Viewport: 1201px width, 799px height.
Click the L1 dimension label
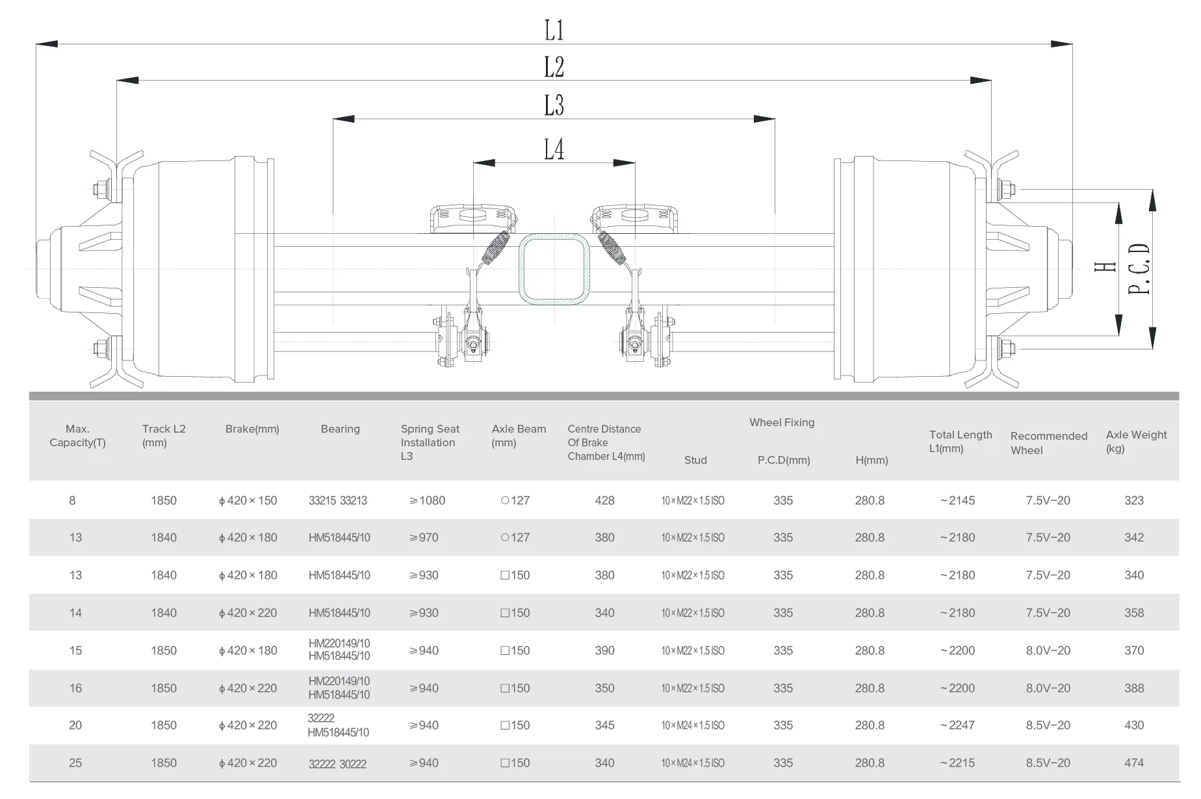(554, 31)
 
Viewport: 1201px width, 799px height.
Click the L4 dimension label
(554, 149)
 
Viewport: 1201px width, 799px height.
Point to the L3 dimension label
(554, 105)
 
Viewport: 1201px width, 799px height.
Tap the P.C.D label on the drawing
(1139, 269)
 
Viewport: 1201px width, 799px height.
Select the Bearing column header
(340, 429)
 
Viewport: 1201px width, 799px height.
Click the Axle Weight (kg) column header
(1136, 442)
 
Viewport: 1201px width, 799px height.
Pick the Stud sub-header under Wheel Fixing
(695, 460)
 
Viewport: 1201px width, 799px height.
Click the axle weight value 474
(1134, 763)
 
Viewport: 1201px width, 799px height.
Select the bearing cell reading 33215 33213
(338, 501)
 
